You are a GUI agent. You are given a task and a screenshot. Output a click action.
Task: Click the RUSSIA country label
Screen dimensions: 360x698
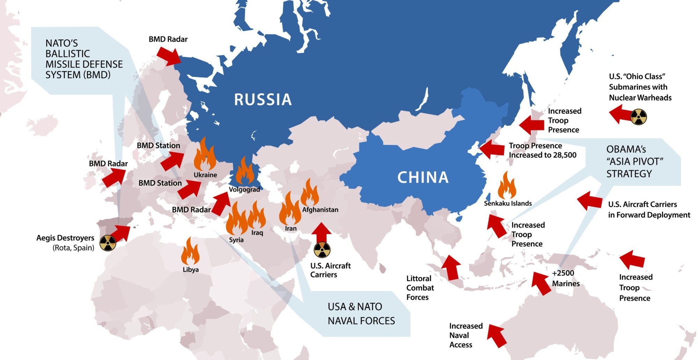pyautogui.click(x=262, y=100)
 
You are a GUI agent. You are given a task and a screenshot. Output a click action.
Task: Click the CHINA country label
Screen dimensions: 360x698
pyautogui.click(x=423, y=177)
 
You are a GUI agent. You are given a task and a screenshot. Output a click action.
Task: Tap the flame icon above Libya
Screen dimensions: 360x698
pyautogui.click(x=190, y=251)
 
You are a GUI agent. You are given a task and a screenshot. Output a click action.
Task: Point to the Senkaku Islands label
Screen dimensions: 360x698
pyautogui.click(x=507, y=203)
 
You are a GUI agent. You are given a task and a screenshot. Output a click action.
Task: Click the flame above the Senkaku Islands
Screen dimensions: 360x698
pyautogui.click(x=507, y=185)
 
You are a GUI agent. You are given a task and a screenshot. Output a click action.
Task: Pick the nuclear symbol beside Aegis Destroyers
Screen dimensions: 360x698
pyautogui.click(x=108, y=243)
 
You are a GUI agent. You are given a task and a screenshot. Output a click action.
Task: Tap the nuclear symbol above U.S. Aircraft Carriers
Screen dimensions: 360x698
pyautogui.click(x=322, y=250)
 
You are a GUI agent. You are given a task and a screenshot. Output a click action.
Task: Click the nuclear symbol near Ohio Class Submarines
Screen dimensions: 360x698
pyautogui.click(x=638, y=117)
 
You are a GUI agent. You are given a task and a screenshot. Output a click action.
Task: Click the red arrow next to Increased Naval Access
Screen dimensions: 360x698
pyautogui.click(x=497, y=335)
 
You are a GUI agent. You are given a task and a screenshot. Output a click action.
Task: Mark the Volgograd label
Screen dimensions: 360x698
pyautogui.click(x=244, y=190)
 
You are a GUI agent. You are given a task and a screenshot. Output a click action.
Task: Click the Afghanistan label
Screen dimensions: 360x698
pyautogui.click(x=320, y=210)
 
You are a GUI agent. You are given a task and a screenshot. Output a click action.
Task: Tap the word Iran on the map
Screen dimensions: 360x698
pyautogui.click(x=291, y=228)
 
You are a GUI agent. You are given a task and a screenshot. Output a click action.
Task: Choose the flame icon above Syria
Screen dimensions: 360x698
pyautogui.click(x=237, y=219)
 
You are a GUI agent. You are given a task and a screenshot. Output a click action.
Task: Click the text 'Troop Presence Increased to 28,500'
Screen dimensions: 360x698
pyautogui.click(x=542, y=150)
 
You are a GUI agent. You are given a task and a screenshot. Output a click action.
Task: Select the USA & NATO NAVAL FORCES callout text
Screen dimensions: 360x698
pyautogui.click(x=361, y=314)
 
